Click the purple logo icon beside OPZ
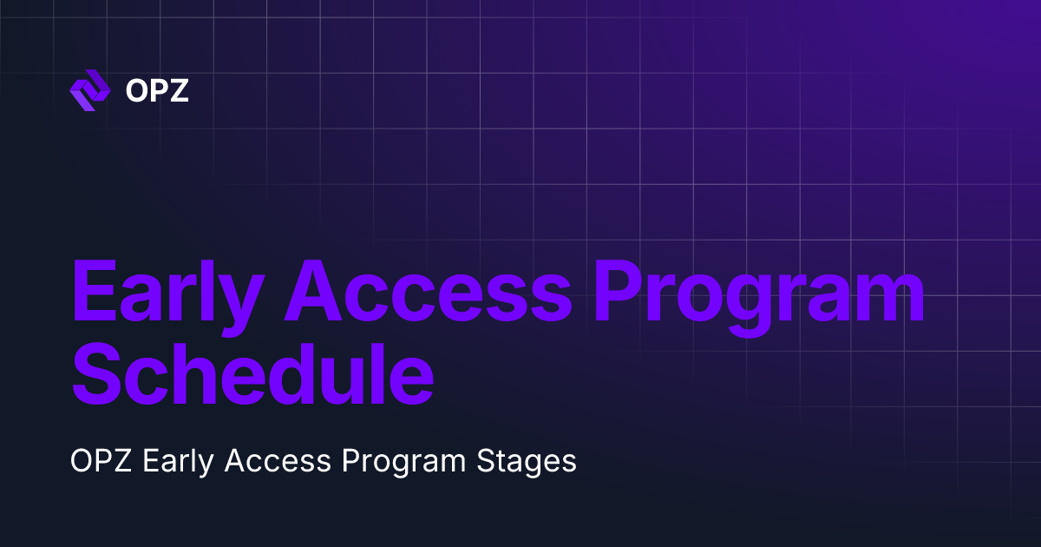(x=89, y=91)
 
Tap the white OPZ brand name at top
(x=157, y=91)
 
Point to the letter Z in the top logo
(x=179, y=91)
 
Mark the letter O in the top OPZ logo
(x=136, y=91)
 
